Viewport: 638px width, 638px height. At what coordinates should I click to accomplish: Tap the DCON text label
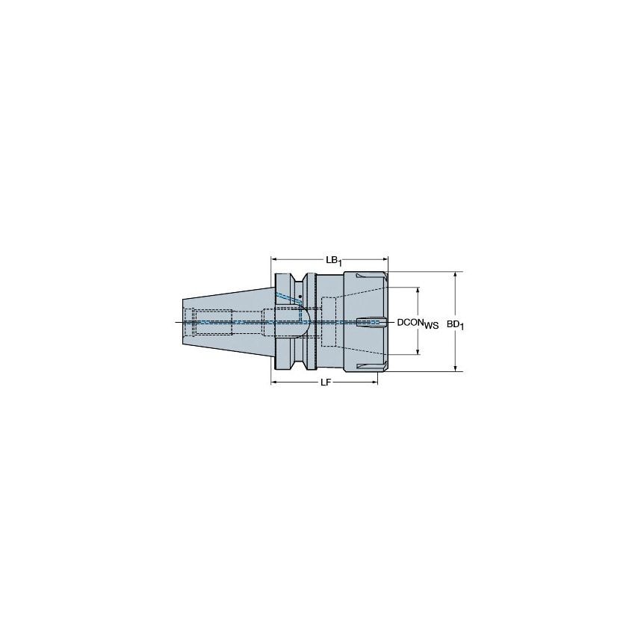[410, 322]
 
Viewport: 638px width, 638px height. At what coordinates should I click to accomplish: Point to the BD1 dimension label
[456, 323]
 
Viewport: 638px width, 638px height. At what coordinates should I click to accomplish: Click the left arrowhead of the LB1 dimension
[273, 259]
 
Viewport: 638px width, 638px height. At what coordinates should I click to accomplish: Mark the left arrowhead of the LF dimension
[273, 383]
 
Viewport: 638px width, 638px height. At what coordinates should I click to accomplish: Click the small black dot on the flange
[300, 297]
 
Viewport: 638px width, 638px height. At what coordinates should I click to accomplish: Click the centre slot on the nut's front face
[370, 322]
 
